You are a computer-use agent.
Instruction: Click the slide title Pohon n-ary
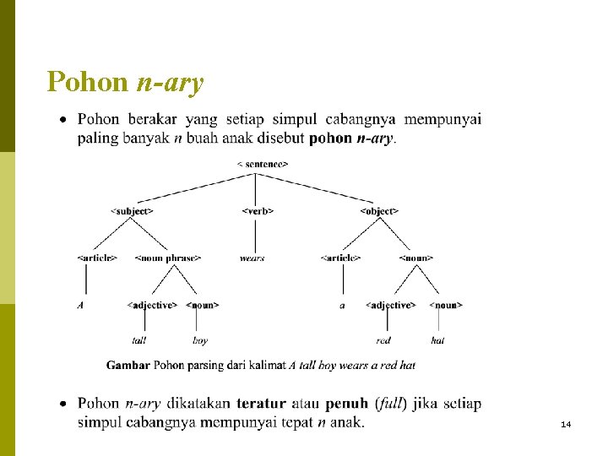pos(125,83)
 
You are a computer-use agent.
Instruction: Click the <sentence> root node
pos(263,164)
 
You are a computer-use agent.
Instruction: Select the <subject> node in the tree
pos(133,210)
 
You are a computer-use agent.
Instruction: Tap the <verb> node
pos(258,210)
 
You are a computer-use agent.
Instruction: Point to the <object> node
pos(379,210)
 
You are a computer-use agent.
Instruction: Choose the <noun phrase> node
pos(168,258)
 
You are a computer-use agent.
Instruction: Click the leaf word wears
pos(252,258)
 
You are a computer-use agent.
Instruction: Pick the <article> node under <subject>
pos(97,258)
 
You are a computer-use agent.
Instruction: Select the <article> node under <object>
pos(341,258)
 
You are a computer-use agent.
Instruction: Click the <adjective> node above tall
pos(152,305)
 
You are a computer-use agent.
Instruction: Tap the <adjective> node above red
pos(390,305)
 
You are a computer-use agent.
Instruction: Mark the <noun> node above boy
pos(203,305)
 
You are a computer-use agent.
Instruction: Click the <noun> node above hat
pos(446,305)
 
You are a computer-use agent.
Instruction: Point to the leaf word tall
pos(139,340)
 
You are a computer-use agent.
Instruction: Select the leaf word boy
pos(200,340)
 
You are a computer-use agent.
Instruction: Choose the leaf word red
pos(383,340)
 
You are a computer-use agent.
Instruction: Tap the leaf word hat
pos(437,340)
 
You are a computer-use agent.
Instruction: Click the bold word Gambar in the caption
pos(128,366)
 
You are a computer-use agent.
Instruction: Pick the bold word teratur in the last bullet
pos(261,404)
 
